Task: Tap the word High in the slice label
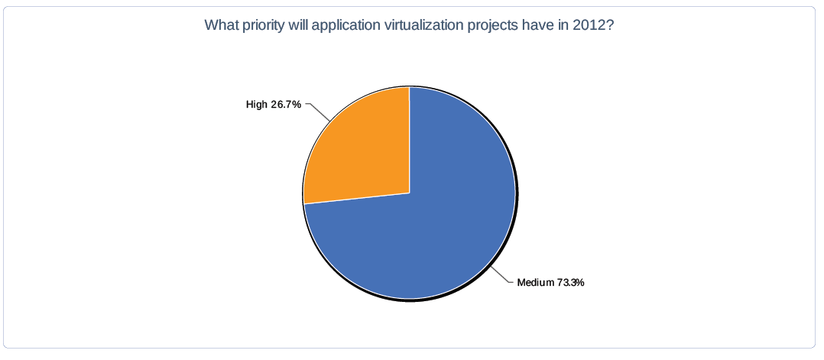pyautogui.click(x=257, y=105)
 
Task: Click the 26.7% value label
pyautogui.click(x=286, y=105)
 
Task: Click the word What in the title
pyautogui.click(x=218, y=25)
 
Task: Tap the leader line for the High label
pyautogui.click(x=318, y=112)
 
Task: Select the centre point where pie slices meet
pyautogui.click(x=410, y=193)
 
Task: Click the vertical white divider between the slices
pyautogui.click(x=410, y=140)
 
